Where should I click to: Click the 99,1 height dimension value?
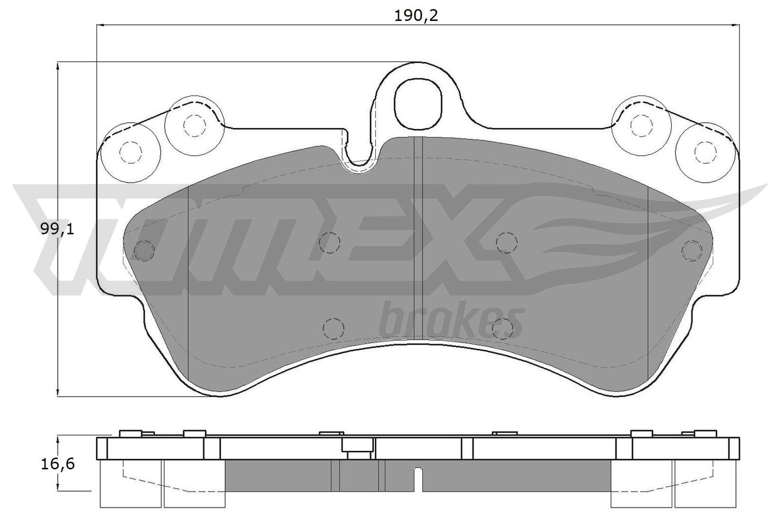pyautogui.click(x=58, y=229)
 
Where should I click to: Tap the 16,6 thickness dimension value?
pyautogui.click(x=58, y=464)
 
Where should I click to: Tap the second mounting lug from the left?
pyautogui.click(x=194, y=126)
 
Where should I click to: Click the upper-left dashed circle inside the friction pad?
pyautogui.click(x=330, y=242)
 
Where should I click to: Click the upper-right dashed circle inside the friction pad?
pyautogui.click(x=506, y=242)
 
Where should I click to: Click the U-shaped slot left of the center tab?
pyautogui.click(x=360, y=151)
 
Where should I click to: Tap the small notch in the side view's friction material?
pyautogui.click(x=418, y=480)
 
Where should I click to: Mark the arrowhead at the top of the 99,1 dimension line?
pyautogui.click(x=58, y=66)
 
